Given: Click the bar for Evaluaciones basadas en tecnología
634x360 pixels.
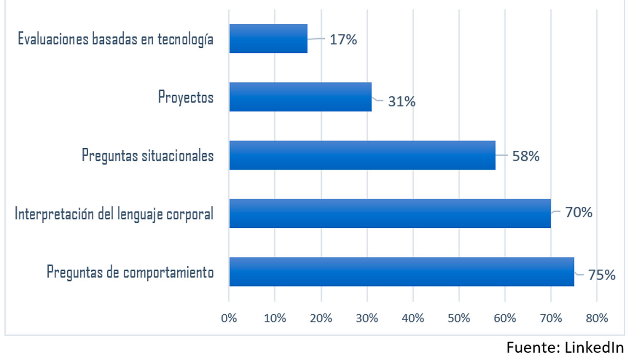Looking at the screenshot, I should pos(268,39).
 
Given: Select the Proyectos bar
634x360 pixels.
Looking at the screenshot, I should pos(300,97).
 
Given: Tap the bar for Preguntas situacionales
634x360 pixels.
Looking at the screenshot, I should pos(362,155).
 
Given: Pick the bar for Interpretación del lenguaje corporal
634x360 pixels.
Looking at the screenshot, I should pos(390,213).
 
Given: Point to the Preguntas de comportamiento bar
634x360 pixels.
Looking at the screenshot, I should pos(401,271).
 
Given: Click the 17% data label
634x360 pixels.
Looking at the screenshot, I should pos(343,40).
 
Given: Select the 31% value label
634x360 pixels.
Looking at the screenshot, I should pos(402,101).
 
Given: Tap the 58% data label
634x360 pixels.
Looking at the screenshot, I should pos(526,157).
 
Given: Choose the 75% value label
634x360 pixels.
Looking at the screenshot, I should pos(601,275).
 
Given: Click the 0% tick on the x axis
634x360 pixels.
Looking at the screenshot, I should pos(229,319).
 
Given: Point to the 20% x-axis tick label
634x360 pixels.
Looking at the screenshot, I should pos(321,319).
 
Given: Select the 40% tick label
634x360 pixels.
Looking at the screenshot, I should pos(413,319).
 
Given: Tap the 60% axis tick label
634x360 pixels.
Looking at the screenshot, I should pos(505,319).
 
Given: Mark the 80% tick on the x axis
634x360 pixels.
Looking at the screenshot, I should pos(596,319).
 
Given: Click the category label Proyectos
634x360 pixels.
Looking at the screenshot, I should pos(186,97).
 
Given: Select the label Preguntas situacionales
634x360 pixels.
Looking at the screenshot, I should pos(148,156).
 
